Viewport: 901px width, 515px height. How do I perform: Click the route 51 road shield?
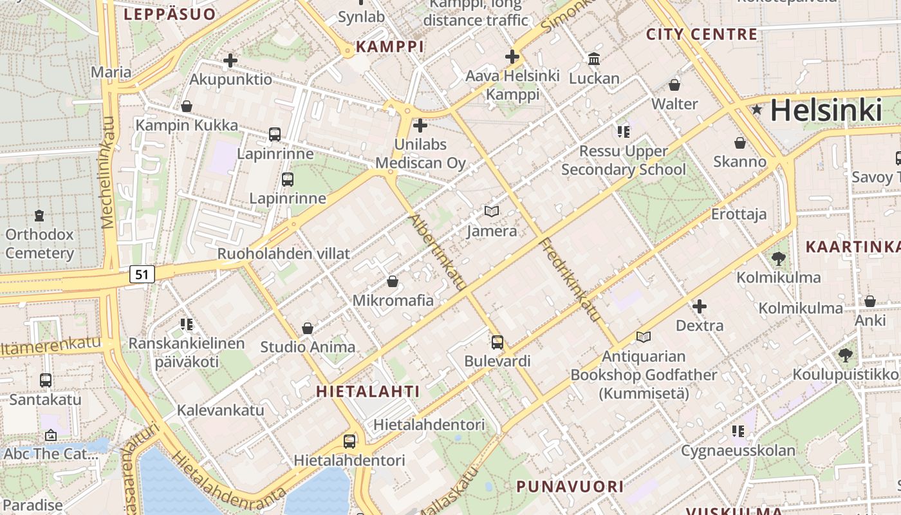[142, 274]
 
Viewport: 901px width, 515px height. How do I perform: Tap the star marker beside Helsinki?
[757, 110]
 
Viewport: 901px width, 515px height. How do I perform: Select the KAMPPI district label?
[390, 46]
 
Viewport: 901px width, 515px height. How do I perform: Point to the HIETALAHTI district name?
[367, 391]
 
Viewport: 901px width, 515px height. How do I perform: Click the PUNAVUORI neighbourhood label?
[570, 486]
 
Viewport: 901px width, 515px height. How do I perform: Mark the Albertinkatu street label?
[438, 252]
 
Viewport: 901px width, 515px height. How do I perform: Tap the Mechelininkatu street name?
[107, 173]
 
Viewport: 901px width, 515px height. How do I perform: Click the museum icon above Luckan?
[593, 59]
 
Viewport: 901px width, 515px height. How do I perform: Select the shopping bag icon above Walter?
[674, 84]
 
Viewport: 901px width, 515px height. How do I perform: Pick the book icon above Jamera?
[492, 211]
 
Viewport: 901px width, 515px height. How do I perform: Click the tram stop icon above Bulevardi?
[497, 342]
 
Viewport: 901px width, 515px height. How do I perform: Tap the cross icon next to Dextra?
[700, 306]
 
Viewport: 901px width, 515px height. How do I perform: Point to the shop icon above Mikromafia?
[393, 281]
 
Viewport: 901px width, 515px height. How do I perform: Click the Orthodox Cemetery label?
[39, 243]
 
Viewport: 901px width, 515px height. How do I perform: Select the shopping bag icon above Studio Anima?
[308, 328]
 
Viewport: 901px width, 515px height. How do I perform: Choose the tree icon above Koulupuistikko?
[845, 355]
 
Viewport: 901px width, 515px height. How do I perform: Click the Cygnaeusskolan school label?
[738, 450]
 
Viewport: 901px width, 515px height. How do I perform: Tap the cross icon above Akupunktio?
[230, 61]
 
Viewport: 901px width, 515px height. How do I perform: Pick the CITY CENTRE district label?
[701, 35]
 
